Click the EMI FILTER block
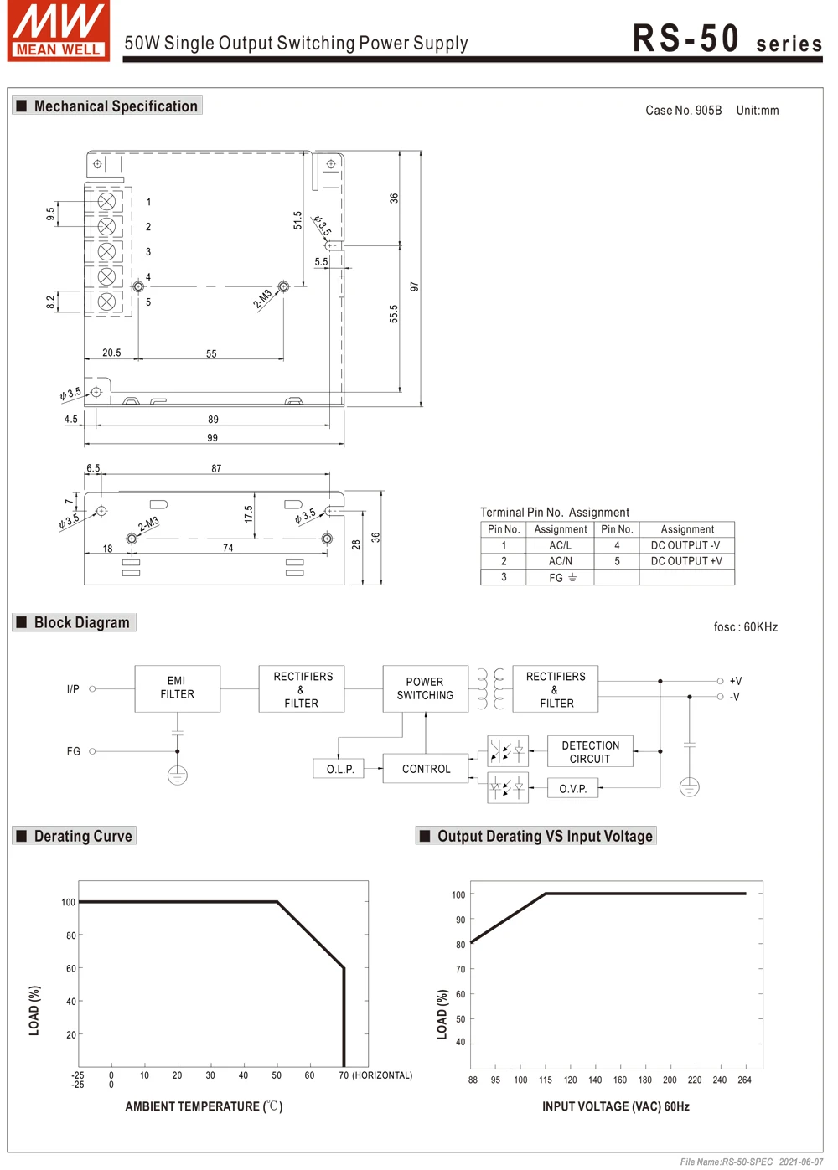(x=177, y=688)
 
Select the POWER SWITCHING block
(x=425, y=688)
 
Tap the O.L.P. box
(x=340, y=769)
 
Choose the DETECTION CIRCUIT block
(x=590, y=752)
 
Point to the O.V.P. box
(x=573, y=789)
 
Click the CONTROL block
(x=426, y=769)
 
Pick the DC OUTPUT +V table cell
(x=686, y=561)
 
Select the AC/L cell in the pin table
(x=560, y=545)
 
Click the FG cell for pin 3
(x=560, y=577)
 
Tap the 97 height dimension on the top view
(x=414, y=286)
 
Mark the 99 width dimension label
(x=213, y=438)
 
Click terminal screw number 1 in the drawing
(x=106, y=202)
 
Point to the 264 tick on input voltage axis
(x=744, y=1080)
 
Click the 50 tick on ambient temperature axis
(x=277, y=1075)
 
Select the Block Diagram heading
(x=81, y=622)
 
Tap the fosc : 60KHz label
(x=745, y=627)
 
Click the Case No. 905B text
(x=683, y=111)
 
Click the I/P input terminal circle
(x=92, y=689)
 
